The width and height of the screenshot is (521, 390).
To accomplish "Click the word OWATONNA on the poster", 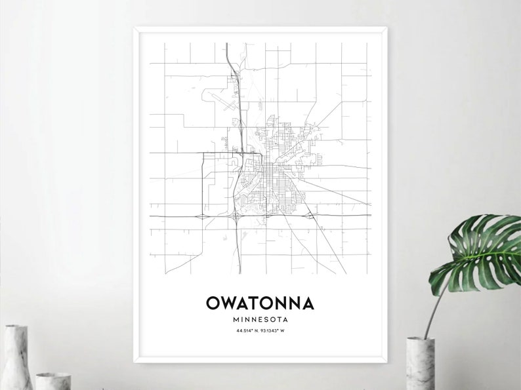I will (x=260, y=303).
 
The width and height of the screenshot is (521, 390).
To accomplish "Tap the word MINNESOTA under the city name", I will (x=260, y=319).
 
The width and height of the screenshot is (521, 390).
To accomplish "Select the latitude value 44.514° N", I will (x=247, y=330).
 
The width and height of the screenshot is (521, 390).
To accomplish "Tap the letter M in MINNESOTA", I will (x=235, y=319).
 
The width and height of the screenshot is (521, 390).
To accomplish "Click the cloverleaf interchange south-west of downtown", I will (x=236, y=214).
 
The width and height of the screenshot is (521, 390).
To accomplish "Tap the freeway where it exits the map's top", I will (x=226, y=45).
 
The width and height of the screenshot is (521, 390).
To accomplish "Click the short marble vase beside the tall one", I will (x=52, y=381).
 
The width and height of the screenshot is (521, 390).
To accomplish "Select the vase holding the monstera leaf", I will (x=420, y=364).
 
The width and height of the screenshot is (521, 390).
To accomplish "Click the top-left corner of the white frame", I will (x=136, y=28).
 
